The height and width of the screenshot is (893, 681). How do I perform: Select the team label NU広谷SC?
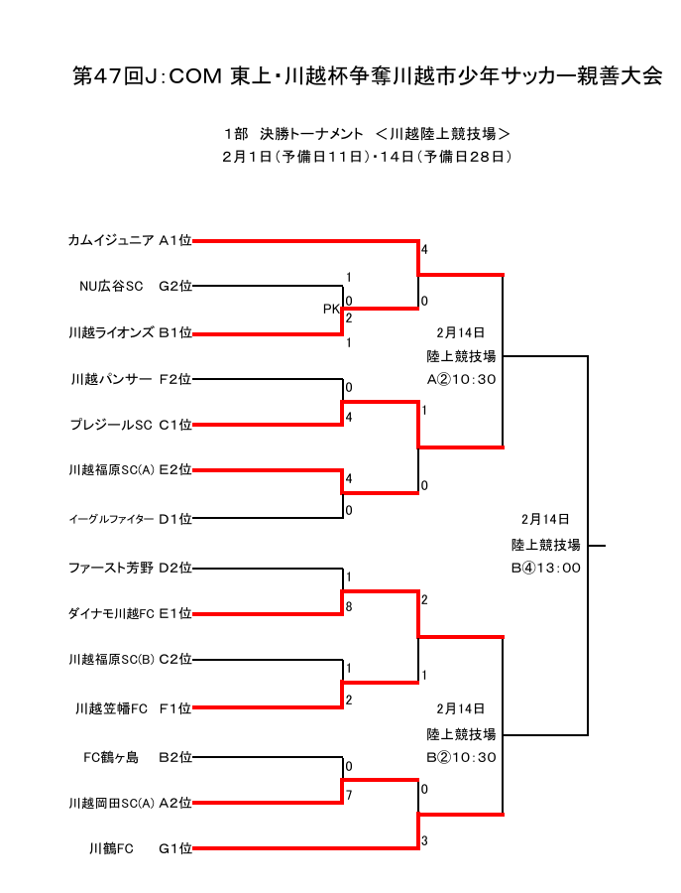[x=111, y=287]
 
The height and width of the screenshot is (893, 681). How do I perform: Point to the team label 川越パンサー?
[x=112, y=379]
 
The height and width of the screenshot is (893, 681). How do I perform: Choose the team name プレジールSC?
[x=111, y=426]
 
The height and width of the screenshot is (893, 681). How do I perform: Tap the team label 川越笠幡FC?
[x=111, y=708]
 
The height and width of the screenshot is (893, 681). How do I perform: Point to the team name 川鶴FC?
[x=111, y=848]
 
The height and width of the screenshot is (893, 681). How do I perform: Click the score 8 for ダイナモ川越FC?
[x=349, y=606]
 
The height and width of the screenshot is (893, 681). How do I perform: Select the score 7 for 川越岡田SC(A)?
[x=349, y=795]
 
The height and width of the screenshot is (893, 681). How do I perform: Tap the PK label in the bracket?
[x=331, y=310]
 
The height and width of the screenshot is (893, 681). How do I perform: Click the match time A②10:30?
[x=461, y=379]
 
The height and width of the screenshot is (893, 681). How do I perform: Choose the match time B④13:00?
[x=545, y=569]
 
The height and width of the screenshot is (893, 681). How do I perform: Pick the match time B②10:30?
[x=461, y=757]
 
